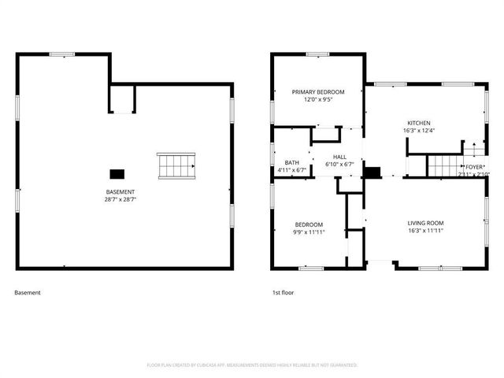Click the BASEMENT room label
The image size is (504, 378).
(120, 192)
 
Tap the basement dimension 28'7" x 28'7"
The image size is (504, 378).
(120, 200)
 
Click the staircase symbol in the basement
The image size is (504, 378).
(176, 165)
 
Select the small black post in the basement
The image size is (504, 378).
(117, 174)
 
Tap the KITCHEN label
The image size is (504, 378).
(418, 123)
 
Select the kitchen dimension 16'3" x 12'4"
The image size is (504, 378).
(418, 131)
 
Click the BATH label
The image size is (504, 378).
(291, 163)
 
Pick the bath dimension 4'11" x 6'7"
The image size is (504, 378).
(291, 171)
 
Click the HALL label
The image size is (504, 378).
(339, 157)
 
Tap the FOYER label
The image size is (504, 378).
(474, 167)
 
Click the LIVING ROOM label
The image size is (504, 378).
(425, 223)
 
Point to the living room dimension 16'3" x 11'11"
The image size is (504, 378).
(425, 231)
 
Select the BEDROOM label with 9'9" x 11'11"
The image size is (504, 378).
(309, 225)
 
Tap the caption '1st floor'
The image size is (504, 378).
(283, 293)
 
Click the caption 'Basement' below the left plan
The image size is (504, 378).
(28, 293)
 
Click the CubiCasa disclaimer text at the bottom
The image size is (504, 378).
(252, 365)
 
